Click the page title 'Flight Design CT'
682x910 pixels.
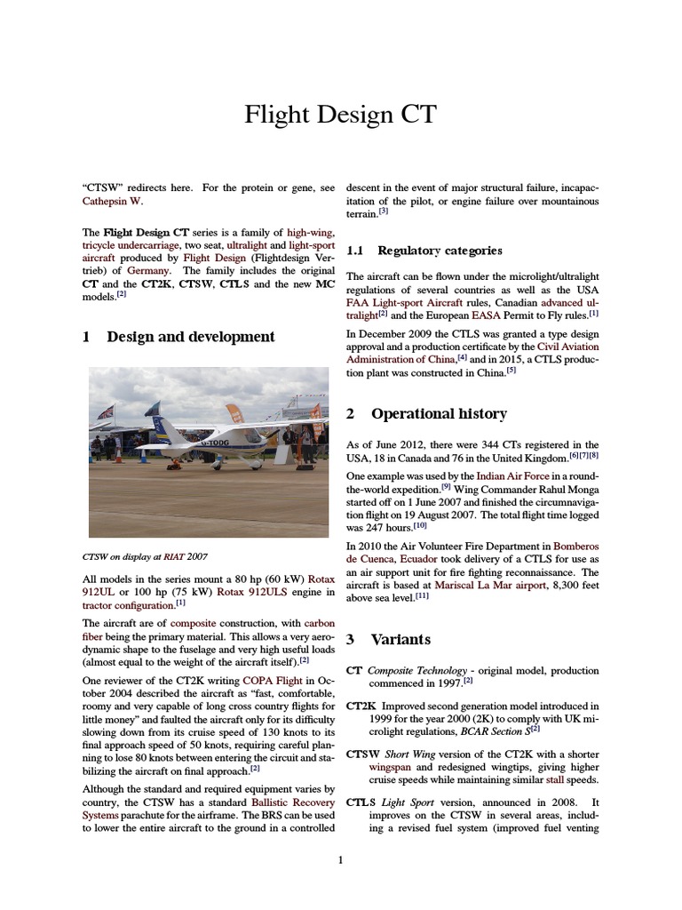point(340,115)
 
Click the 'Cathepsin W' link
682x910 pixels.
point(112,202)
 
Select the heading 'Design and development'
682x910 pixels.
point(190,337)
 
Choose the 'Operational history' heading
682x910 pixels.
point(439,414)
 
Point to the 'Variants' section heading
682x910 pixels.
point(400,640)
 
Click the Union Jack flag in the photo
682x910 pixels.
point(106,412)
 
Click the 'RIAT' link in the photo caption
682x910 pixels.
point(175,557)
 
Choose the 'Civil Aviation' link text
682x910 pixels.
point(568,347)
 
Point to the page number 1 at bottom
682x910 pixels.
point(340,859)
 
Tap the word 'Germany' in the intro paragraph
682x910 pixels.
point(148,270)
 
